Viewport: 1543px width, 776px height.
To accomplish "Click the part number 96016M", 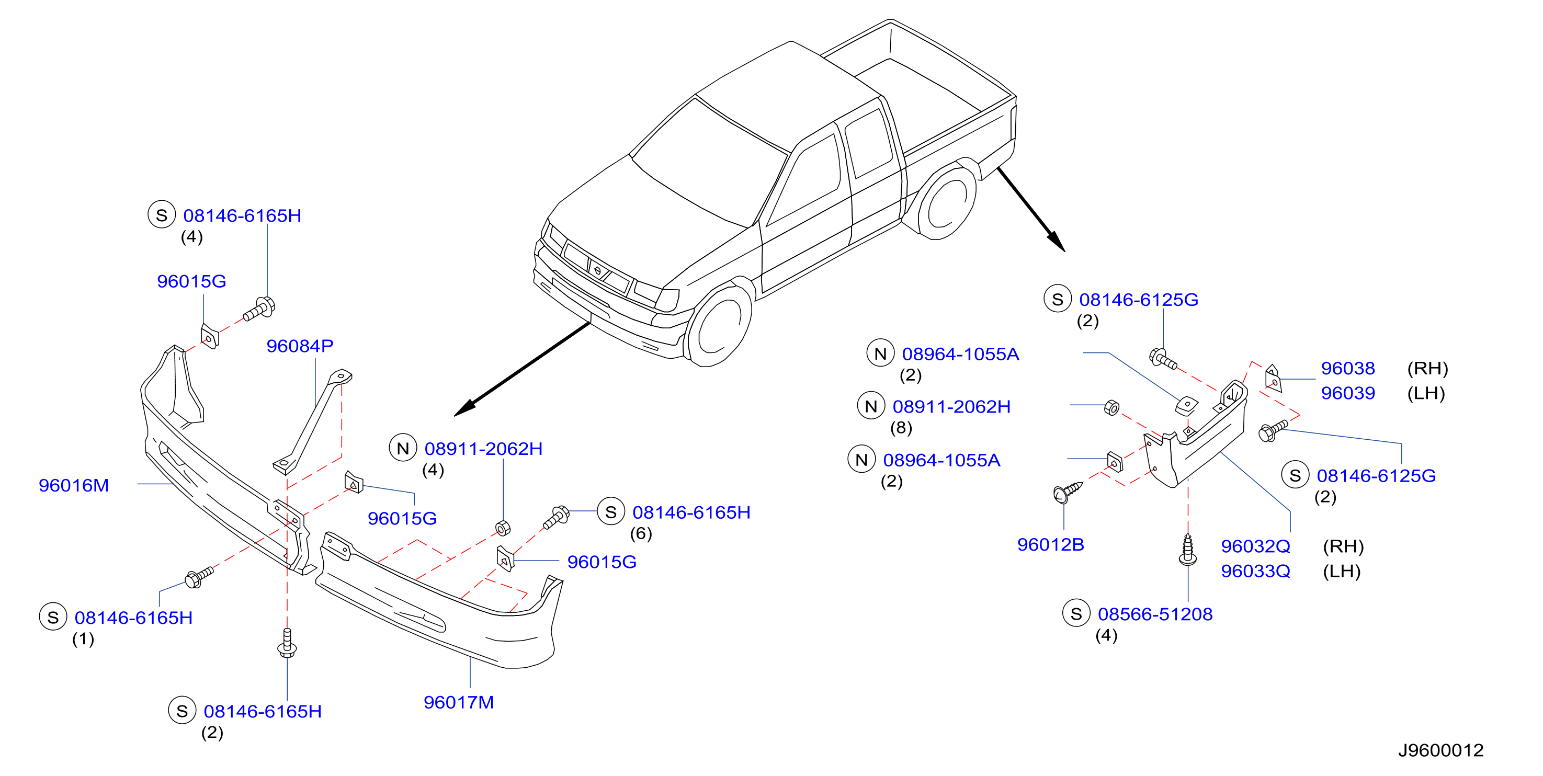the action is point(74,485).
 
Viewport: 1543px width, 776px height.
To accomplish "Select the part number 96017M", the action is point(459,702).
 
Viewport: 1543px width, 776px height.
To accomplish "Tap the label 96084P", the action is point(300,346).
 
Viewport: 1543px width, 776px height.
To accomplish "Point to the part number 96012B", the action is point(1051,544).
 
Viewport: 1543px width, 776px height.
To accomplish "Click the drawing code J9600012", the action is point(1440,750).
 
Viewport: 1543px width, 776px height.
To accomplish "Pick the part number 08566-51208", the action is point(1155,614).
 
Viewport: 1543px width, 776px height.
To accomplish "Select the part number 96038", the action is point(1348,368).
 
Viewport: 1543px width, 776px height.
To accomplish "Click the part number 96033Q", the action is point(1255,570).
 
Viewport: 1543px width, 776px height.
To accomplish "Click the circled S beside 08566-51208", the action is point(1076,614).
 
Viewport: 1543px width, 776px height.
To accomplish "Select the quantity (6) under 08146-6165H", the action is point(641,533).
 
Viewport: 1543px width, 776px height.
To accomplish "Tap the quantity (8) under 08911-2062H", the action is point(901,428).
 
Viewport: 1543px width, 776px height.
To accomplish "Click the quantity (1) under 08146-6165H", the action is point(83,638).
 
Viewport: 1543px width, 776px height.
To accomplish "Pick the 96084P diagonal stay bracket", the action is point(313,421).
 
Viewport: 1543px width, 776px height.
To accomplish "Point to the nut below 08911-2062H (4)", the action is point(503,528).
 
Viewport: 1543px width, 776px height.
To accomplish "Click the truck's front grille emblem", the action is point(597,271).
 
